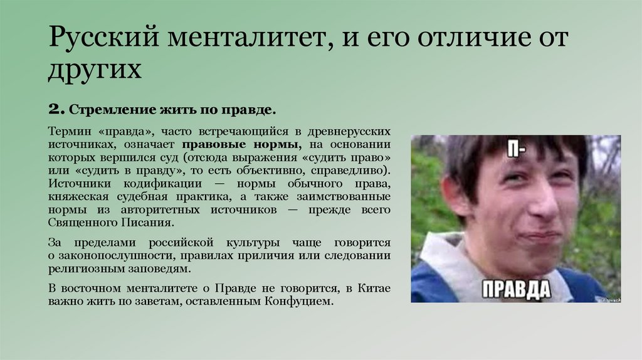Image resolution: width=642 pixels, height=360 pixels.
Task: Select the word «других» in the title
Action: point(95,70)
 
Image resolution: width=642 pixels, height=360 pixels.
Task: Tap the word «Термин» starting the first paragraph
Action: point(66,132)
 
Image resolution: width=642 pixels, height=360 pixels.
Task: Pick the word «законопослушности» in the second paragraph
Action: point(107,256)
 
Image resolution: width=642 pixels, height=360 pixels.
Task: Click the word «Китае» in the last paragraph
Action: point(374,289)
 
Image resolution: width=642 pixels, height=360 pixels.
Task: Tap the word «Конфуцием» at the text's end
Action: point(300,301)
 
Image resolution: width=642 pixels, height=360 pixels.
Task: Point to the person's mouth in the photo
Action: point(540,236)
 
